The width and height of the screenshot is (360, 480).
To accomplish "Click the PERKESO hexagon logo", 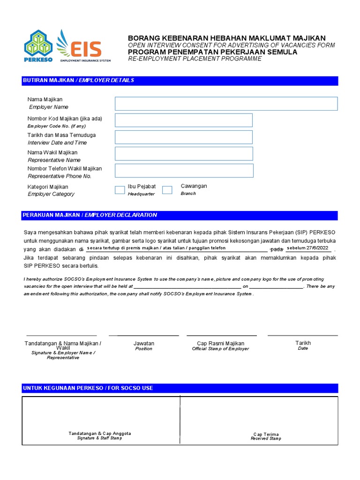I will click(38, 44).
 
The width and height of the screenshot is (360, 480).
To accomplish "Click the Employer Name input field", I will click(226, 104).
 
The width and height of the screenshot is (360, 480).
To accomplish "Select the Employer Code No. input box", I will click(183, 120).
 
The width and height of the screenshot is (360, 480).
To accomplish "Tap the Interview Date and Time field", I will click(183, 137).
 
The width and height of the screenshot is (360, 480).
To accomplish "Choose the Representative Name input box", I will click(183, 154).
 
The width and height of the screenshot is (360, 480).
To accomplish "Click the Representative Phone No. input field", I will click(183, 171).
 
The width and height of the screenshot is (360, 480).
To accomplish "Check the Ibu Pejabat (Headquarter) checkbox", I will click(120, 190).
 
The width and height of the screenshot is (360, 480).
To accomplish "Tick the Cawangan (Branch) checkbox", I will click(167, 190).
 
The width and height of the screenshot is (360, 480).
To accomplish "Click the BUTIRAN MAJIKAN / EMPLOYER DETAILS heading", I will click(78, 81).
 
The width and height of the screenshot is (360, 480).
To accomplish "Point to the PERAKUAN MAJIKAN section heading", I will click(90, 215).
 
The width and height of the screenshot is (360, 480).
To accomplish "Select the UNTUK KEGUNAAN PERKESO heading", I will click(88, 388).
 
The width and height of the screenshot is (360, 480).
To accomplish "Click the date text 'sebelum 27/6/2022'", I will click(307, 248).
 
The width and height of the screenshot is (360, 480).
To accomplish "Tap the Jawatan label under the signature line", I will click(143, 344).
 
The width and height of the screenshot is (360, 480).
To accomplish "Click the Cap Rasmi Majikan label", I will click(221, 344).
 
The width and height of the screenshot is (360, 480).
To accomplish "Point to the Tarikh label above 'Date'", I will click(303, 343).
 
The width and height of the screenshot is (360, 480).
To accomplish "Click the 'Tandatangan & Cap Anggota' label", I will click(99, 434).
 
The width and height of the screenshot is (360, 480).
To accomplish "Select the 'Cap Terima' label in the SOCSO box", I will click(266, 434).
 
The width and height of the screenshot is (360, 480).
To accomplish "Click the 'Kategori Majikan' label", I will click(48, 187).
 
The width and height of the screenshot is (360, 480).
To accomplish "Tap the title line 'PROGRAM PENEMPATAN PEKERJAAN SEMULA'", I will click(213, 52).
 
